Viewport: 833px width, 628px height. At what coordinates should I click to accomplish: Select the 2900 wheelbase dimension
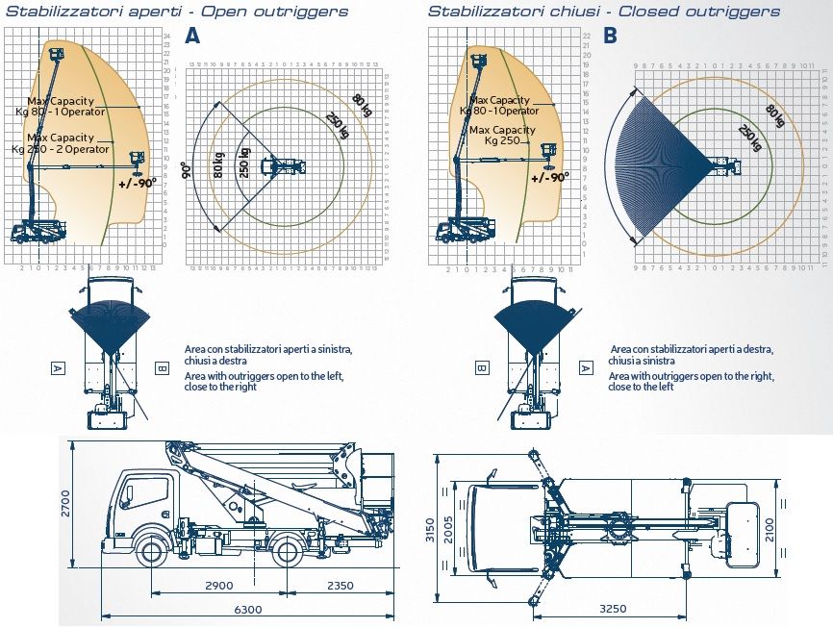[x=218, y=586]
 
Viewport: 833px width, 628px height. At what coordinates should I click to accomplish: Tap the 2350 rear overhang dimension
[x=341, y=586]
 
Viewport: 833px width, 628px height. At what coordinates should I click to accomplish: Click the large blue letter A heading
[x=192, y=37]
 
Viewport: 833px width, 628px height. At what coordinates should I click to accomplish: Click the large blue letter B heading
[x=610, y=37]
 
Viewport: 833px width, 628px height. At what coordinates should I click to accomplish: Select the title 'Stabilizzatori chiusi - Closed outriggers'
[x=604, y=12]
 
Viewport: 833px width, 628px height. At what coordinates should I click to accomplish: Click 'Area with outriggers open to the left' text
[x=263, y=375]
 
